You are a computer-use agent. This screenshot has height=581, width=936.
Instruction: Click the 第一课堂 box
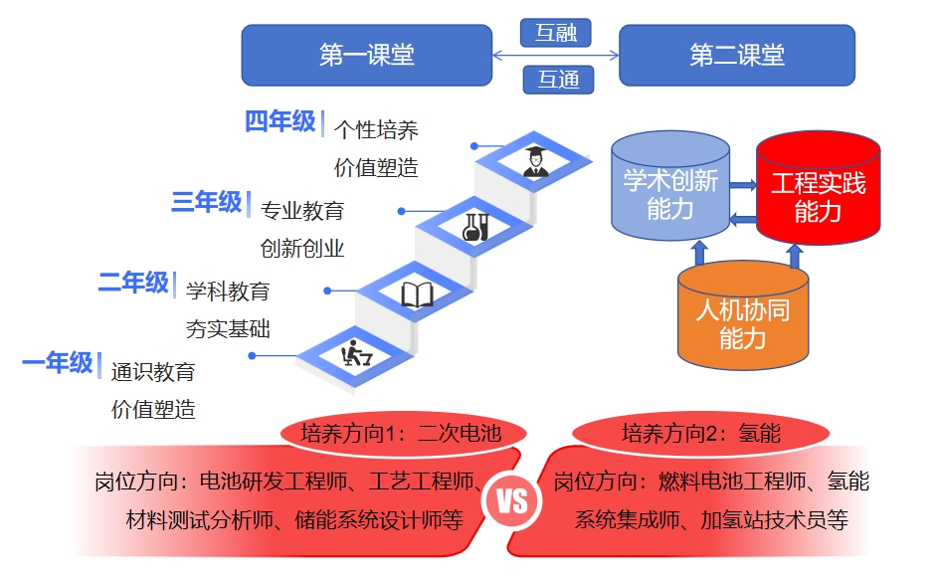366,55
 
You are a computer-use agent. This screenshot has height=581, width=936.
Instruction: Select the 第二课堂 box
736,55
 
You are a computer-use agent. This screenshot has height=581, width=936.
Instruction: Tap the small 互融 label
556,33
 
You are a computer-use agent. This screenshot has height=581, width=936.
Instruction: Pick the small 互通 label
558,79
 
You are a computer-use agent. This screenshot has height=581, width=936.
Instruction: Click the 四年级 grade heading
281,122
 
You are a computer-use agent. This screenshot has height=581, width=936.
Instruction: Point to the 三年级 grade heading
207,203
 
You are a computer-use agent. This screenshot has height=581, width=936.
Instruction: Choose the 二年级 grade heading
133,284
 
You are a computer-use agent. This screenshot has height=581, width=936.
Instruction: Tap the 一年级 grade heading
58,363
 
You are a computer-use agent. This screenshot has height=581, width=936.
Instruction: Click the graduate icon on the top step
536,159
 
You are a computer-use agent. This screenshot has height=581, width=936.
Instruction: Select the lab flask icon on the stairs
474,226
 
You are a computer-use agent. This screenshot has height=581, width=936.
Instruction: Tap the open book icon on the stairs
417,293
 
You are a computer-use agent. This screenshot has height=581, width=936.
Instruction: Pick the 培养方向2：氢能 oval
700,433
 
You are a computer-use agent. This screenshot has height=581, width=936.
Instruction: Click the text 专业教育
302,211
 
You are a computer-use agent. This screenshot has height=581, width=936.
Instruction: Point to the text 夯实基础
228,328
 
